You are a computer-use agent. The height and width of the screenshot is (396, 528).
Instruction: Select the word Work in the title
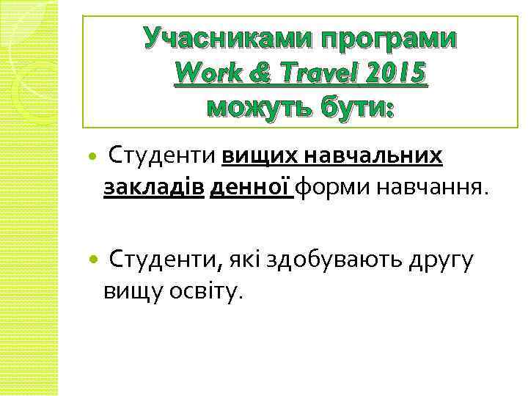[208, 73]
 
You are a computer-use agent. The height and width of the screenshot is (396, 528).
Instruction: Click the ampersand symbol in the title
[259, 73]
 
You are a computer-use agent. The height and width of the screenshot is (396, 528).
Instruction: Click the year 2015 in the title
[397, 73]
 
